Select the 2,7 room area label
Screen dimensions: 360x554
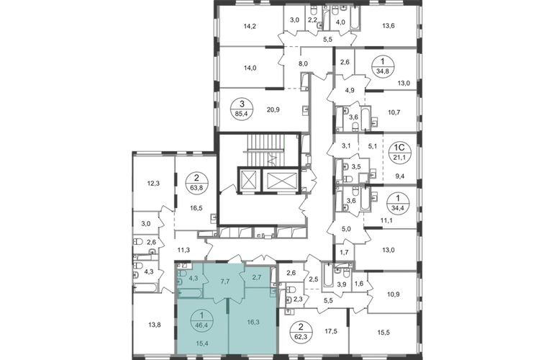click(x=256, y=273)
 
